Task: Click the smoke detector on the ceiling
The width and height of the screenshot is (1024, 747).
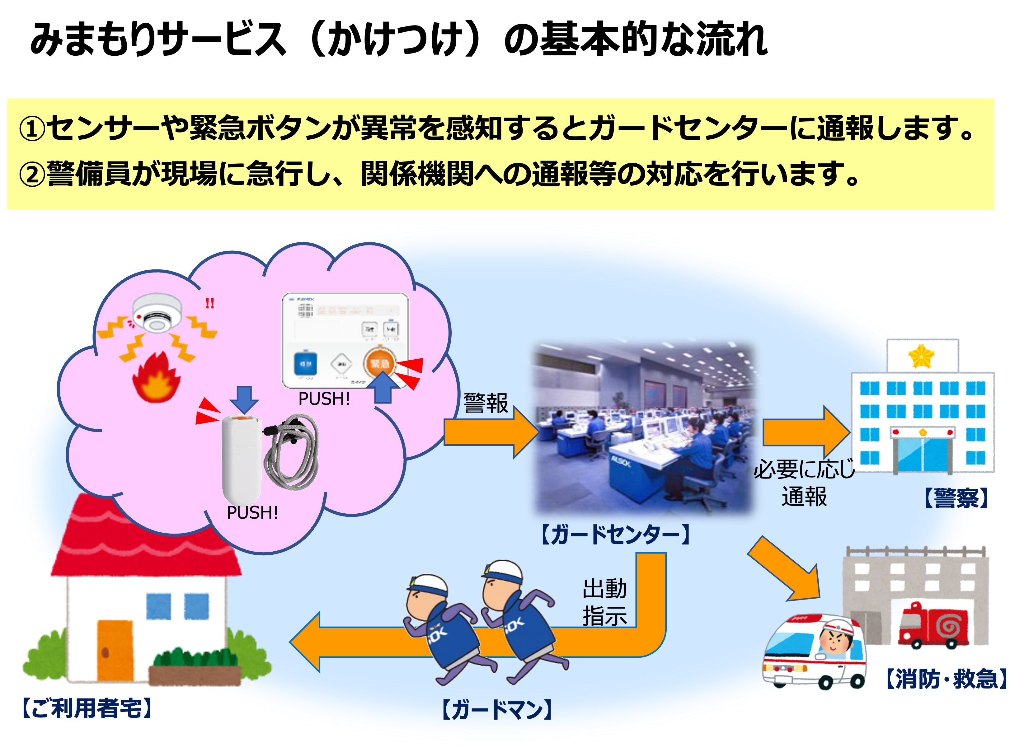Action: coord(157,312)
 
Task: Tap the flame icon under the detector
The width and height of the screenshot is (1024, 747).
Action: coord(156,378)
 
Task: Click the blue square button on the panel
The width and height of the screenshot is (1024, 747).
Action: coord(305,364)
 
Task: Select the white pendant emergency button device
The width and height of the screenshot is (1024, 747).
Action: coord(241,457)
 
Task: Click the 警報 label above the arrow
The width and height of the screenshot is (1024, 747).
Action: coord(486,403)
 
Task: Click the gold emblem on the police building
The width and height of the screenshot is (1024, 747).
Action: coord(921,356)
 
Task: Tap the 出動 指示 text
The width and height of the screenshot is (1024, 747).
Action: coord(604,602)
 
